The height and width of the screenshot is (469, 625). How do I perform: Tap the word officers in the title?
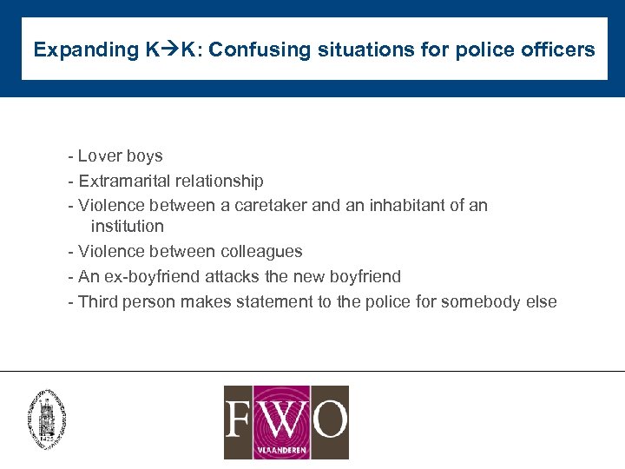[x=561, y=50]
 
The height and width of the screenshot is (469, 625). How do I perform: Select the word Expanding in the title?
[x=81, y=50]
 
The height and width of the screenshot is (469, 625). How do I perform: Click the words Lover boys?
[x=120, y=156]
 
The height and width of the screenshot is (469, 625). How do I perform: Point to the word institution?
[x=127, y=227]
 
